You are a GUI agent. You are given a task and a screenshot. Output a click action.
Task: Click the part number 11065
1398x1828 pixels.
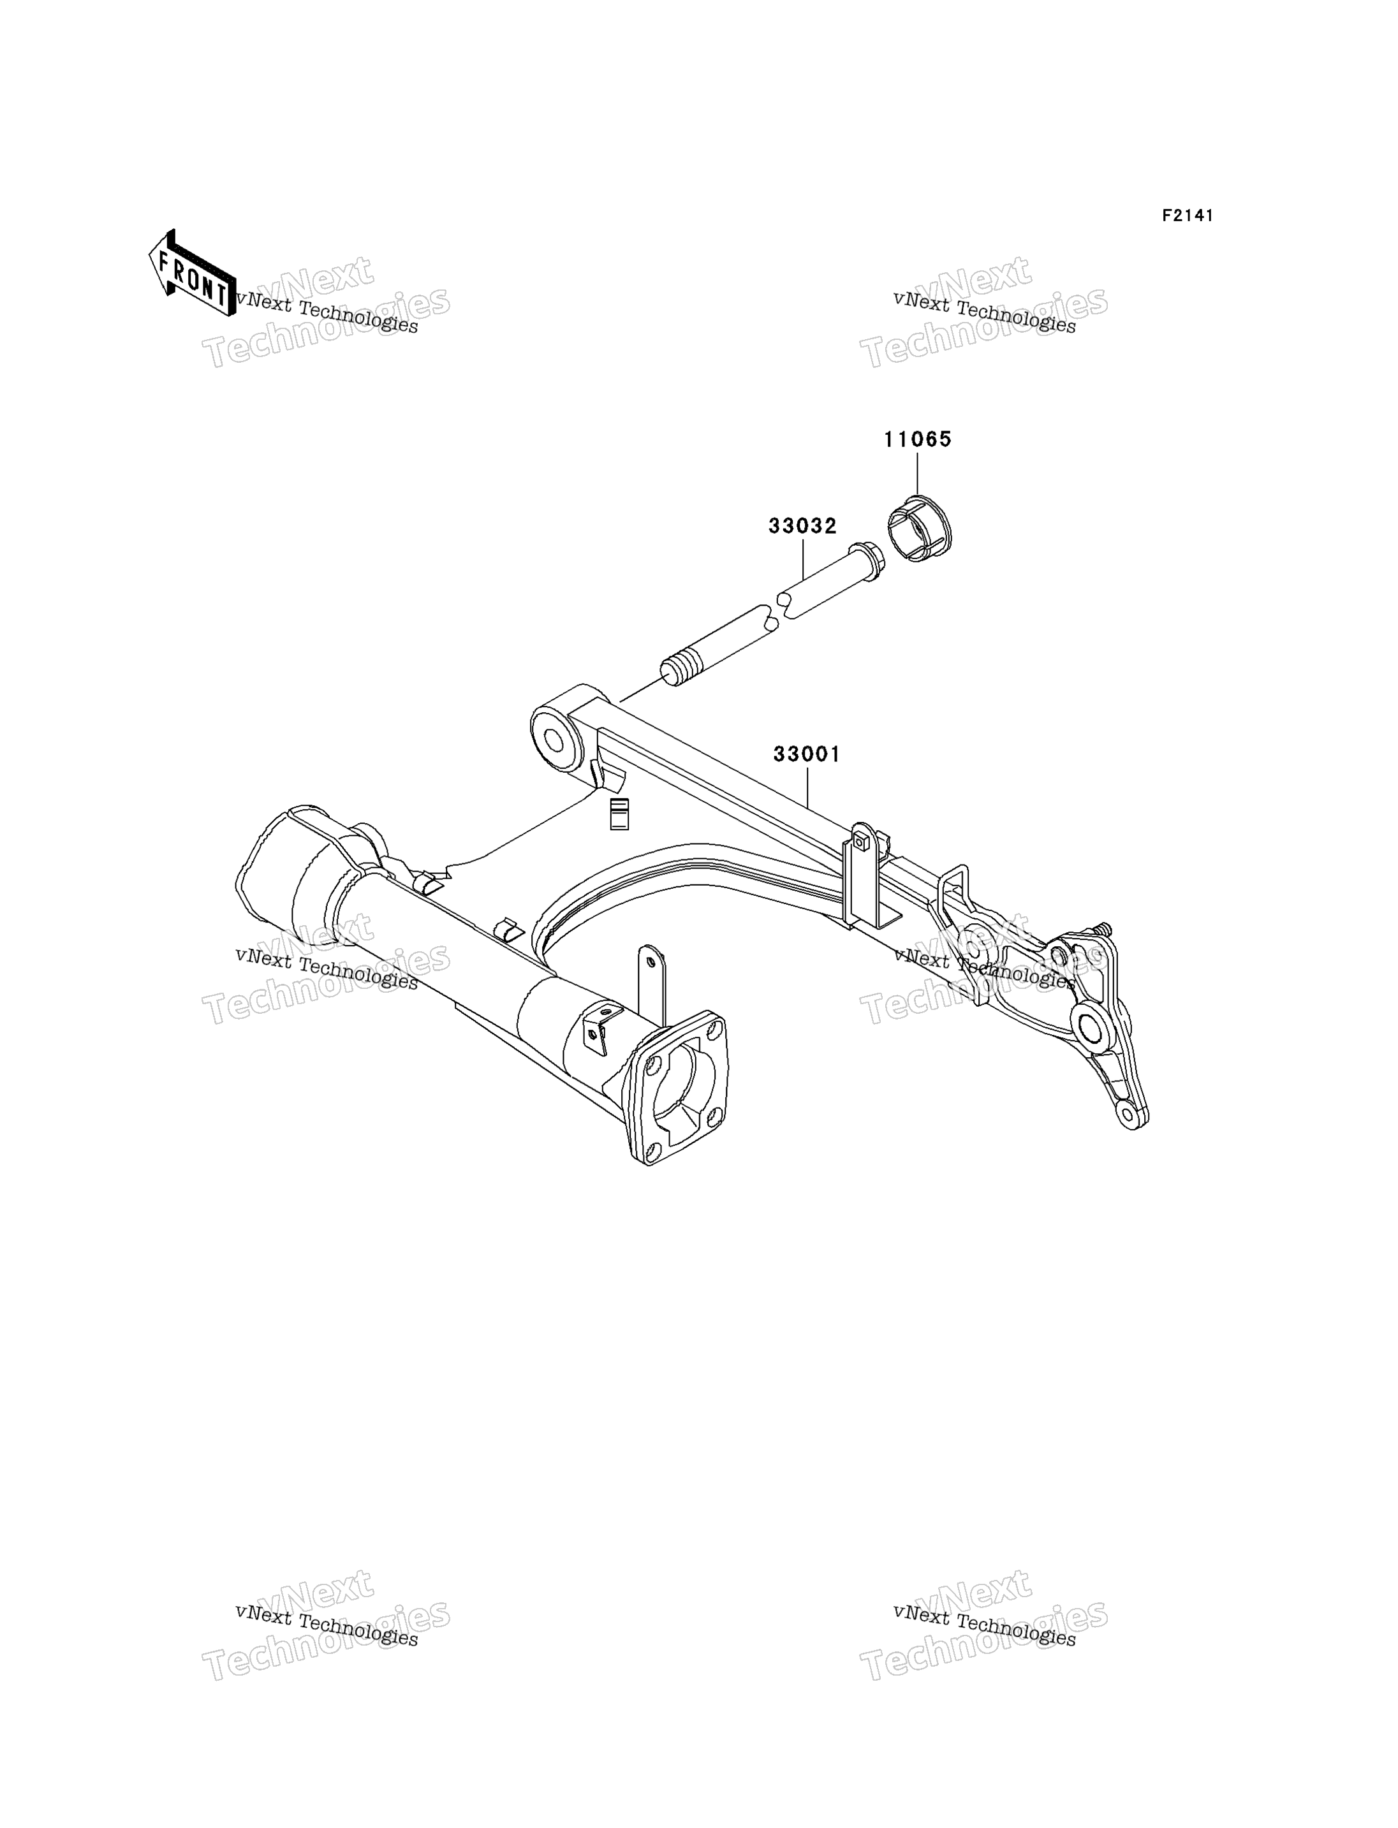(917, 439)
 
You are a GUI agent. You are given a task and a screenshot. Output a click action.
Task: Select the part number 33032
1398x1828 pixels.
(802, 526)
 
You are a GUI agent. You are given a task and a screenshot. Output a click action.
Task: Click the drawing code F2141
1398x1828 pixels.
(1188, 216)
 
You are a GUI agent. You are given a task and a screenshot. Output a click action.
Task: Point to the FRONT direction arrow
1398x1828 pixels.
(191, 273)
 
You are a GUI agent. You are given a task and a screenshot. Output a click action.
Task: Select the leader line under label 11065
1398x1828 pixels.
(917, 474)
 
